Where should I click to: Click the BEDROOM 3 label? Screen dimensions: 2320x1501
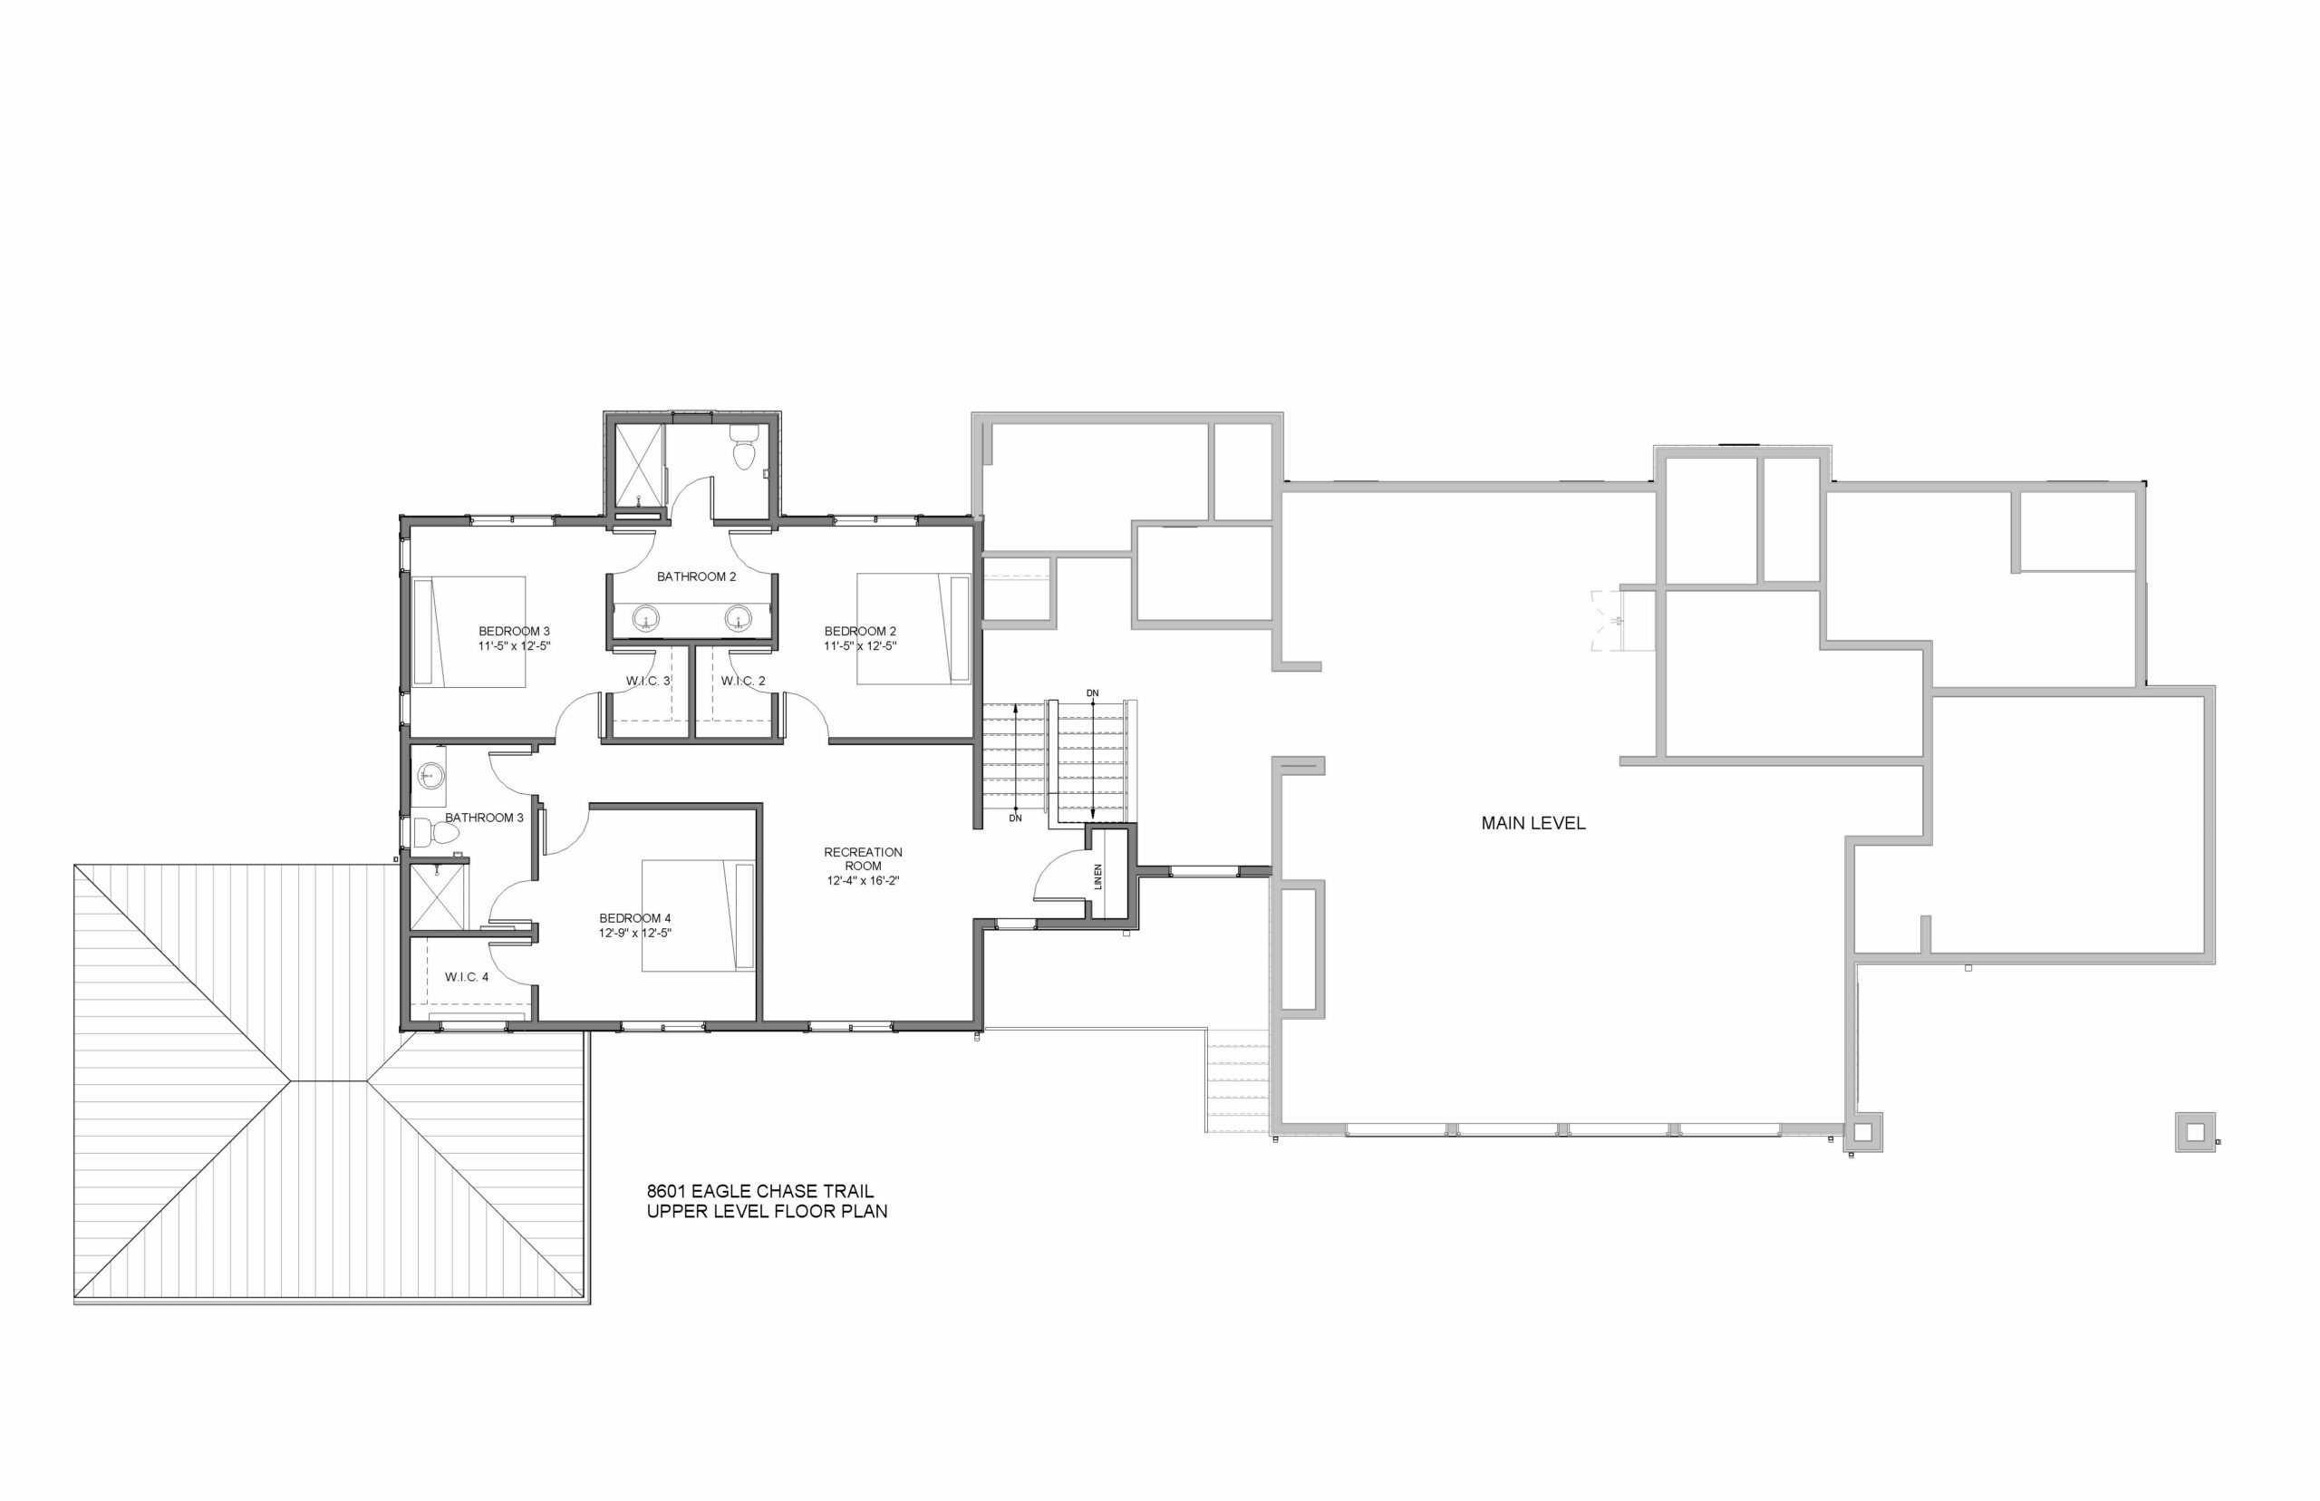pos(514,632)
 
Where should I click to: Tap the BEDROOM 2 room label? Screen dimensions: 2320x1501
pos(859,632)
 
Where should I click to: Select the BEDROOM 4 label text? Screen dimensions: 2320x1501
pos(634,918)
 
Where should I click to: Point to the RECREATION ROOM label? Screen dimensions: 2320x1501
pos(864,858)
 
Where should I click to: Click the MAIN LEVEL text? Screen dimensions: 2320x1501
pos(1532,824)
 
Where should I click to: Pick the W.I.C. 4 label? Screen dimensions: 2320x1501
pos(467,976)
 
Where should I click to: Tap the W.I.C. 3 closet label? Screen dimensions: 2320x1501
pos(648,682)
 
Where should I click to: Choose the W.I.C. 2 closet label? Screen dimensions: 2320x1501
pos(743,682)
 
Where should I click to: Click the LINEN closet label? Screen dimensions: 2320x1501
pos(1098,876)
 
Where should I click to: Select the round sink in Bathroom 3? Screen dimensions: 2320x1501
pos(429,777)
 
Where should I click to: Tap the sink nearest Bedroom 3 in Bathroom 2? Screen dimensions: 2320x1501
pos(645,618)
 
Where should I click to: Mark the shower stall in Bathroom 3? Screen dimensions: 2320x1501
pos(438,896)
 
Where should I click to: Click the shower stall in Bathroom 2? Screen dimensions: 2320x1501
pos(637,466)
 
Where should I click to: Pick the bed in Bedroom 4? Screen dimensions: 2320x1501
pos(698,915)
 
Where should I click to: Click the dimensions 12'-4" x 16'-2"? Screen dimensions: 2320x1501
pos(864,881)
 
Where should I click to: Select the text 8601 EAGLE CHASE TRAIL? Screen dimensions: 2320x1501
pos(760,1191)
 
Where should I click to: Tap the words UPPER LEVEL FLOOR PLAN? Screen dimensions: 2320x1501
pos(767,1213)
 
